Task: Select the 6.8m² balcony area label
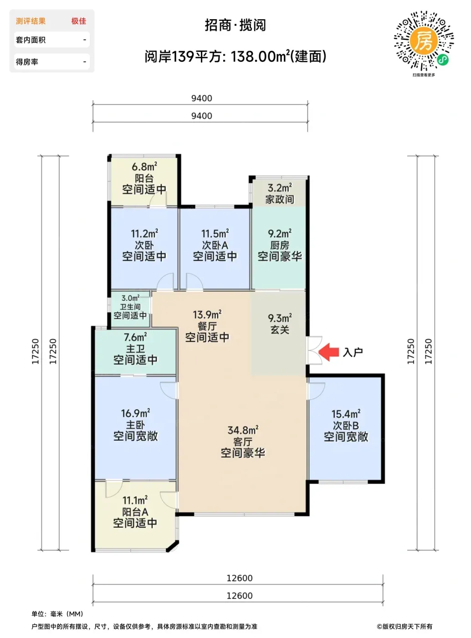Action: tap(144, 166)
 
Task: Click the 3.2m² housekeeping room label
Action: tap(280, 188)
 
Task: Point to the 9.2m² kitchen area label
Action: tap(280, 234)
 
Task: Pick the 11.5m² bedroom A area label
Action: tap(215, 234)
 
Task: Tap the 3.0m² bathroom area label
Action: tap(130, 298)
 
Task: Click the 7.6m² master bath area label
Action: tap(135, 337)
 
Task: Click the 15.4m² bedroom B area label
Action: tap(346, 414)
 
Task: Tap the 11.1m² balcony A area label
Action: tap(135, 500)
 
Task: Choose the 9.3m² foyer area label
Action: tap(280, 318)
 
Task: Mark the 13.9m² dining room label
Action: tap(207, 314)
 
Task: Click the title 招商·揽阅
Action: tap(235, 25)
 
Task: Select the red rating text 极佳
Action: tap(79, 21)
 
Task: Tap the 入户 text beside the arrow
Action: tap(353, 352)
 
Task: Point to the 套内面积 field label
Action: tap(31, 40)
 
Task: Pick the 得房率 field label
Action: tap(27, 62)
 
